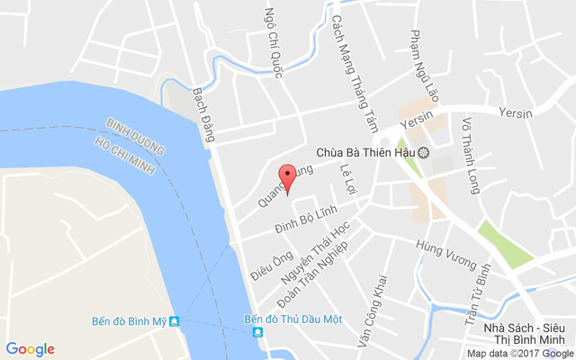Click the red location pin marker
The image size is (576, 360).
(287, 177)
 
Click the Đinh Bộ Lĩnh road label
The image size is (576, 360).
(306, 220)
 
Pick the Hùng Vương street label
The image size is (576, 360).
(445, 253)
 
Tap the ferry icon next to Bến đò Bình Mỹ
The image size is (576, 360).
(175, 321)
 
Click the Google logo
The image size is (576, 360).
(31, 349)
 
